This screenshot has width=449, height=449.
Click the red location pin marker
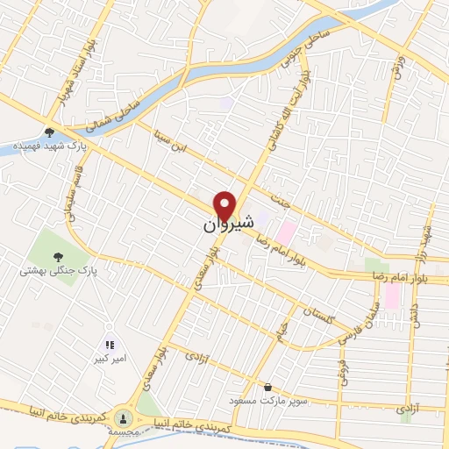pyautogui.click(x=227, y=205)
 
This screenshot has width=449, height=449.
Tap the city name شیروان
pyautogui.click(x=221, y=225)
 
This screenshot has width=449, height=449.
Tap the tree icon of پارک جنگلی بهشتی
pyautogui.click(x=58, y=257)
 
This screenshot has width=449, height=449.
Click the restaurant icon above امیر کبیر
pyautogui.click(x=110, y=346)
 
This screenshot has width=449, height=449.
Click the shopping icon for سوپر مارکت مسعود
pyautogui.click(x=267, y=387)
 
